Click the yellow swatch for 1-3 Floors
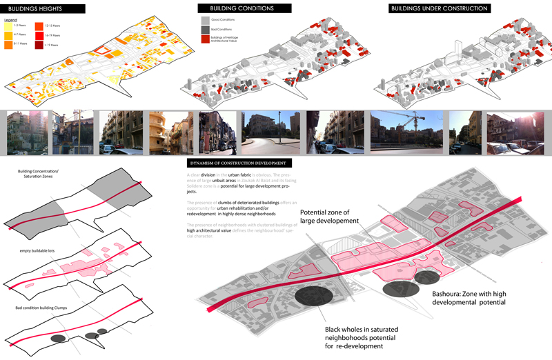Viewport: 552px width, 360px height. click(x=8, y=26)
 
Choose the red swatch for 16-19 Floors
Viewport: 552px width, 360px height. click(x=39, y=34)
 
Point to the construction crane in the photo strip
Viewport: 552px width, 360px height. click(x=413, y=121)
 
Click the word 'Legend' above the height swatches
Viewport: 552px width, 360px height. click(x=10, y=20)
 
